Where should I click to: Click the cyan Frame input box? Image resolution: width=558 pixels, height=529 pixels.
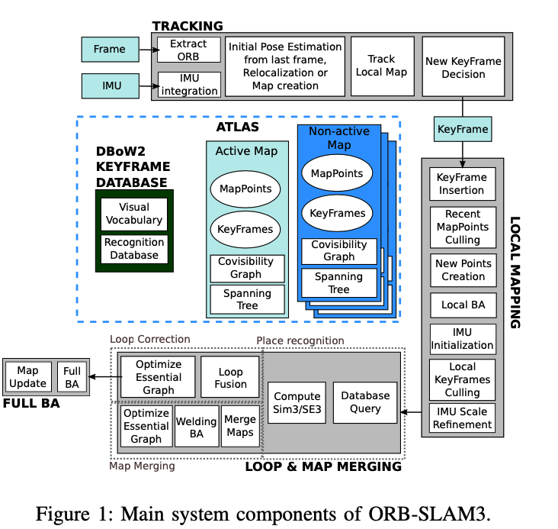click(109, 50)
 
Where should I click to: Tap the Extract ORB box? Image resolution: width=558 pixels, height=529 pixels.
click(188, 50)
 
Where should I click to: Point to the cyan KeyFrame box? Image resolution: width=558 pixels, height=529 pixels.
click(463, 129)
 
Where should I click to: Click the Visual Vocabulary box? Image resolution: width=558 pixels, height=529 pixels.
click(134, 214)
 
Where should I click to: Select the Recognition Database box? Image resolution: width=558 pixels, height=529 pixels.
click(134, 248)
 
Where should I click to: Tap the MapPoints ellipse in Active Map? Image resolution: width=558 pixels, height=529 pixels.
click(245, 189)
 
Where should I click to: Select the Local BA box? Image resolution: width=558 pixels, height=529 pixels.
click(462, 305)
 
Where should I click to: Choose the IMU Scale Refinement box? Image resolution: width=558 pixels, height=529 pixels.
click(462, 418)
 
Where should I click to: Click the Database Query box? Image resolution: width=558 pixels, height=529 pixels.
click(365, 402)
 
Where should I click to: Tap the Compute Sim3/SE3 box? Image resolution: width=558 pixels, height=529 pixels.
click(297, 402)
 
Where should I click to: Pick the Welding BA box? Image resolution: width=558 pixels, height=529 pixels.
click(196, 427)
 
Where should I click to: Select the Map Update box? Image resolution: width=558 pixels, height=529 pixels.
click(27, 377)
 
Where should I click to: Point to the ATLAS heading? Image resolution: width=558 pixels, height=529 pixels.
click(237, 127)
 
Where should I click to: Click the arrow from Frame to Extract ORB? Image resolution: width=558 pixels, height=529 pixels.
click(146, 50)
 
